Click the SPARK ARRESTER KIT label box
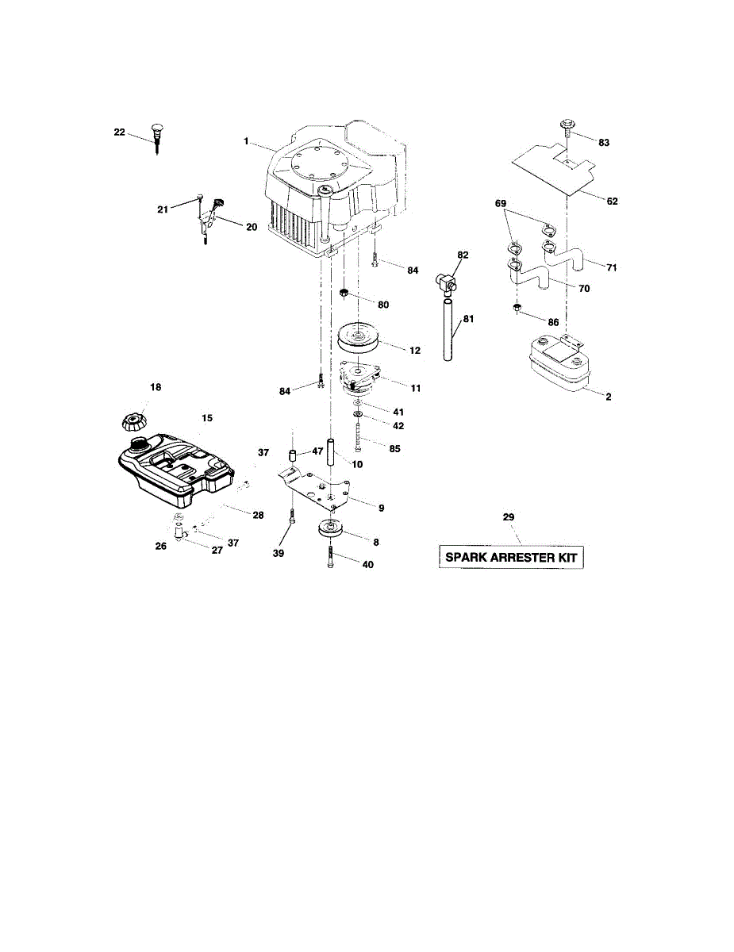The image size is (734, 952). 513,558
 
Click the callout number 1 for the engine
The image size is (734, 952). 247,141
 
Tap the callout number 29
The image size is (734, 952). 509,517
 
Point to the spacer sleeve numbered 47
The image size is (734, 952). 292,458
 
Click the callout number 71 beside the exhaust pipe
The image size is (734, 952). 611,268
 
